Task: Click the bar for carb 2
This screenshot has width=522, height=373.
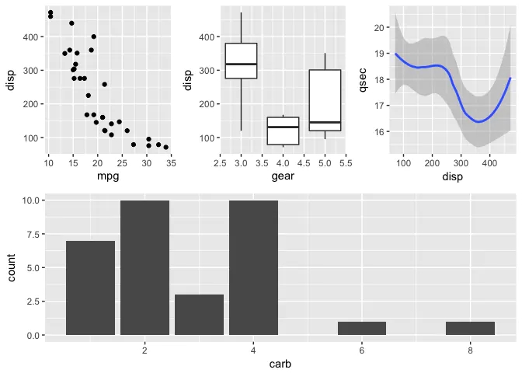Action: click(144, 267)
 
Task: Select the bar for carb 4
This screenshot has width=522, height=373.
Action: click(253, 267)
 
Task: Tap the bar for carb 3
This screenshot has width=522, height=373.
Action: click(199, 315)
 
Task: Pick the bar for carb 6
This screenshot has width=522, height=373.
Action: click(362, 328)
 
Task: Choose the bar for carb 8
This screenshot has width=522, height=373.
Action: click(470, 328)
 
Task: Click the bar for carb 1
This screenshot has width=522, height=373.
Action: click(90, 288)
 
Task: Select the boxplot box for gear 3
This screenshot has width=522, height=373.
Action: click(241, 61)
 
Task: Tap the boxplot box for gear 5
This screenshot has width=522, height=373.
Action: click(325, 100)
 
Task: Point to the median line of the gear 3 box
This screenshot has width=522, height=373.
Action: click(241, 64)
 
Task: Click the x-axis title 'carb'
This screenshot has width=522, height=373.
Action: click(280, 364)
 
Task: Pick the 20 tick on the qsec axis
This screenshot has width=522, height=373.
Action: click(380, 27)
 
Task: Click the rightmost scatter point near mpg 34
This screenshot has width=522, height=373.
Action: click(165, 147)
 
